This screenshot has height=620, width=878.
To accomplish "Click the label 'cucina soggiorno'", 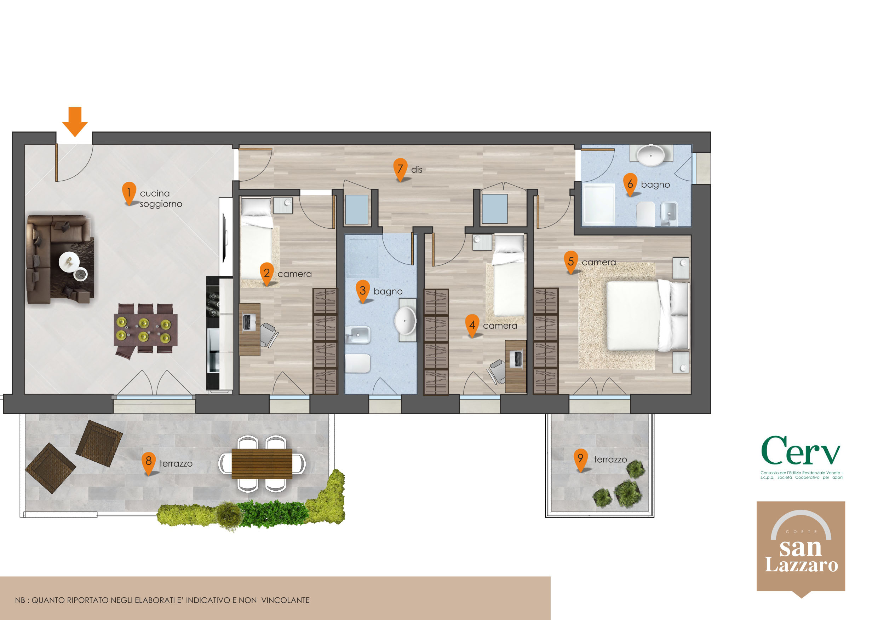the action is click(161, 199).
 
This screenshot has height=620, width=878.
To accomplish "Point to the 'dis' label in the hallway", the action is click(417, 170).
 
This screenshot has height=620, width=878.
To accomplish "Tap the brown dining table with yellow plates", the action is click(146, 330).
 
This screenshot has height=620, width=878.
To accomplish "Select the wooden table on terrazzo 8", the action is click(262, 464).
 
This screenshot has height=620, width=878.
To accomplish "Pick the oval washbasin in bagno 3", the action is click(405, 321).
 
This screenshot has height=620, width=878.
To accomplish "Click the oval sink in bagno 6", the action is click(650, 155).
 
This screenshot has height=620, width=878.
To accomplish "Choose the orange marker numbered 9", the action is click(580, 460).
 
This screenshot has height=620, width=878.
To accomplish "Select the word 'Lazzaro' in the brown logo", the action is click(801, 565).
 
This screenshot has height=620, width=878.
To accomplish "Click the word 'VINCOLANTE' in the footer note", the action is click(285, 600).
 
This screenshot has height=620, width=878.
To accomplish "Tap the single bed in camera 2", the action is click(257, 238).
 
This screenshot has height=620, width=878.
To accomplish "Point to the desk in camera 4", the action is click(516, 366).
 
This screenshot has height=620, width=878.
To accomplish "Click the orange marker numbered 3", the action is click(362, 292).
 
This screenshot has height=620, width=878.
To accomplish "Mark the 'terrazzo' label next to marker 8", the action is click(176, 464).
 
